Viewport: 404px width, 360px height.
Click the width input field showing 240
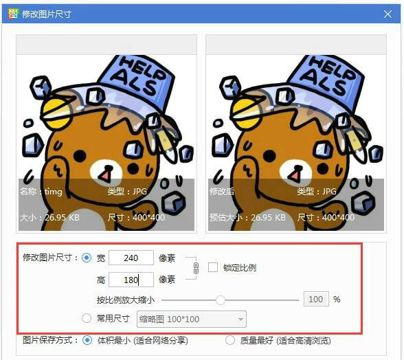[x=131, y=258]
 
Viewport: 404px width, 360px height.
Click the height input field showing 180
[x=131, y=280]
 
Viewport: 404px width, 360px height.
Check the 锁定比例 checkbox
[x=213, y=267]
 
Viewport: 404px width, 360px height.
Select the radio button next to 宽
[x=87, y=258]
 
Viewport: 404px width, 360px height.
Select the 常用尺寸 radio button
[x=87, y=319]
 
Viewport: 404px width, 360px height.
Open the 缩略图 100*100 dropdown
[x=192, y=319]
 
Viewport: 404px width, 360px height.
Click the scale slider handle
[x=221, y=300]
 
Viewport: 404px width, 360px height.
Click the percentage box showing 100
[x=315, y=300]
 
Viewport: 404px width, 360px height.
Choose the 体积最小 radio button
[x=87, y=340]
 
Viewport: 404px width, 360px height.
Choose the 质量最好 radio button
[x=231, y=340]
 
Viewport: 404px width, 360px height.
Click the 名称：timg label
[x=41, y=192]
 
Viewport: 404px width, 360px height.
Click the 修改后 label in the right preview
[x=222, y=192]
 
